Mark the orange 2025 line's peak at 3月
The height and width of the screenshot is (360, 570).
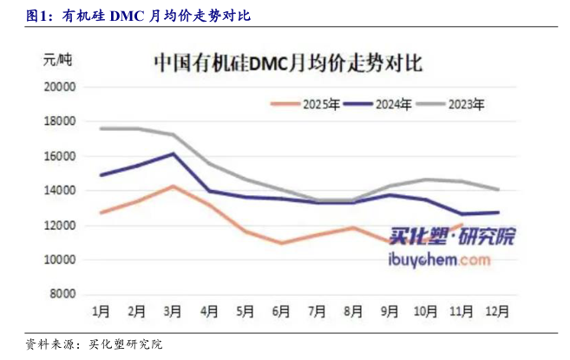tap(173, 186)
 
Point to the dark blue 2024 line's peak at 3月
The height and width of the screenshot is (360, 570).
tap(173, 154)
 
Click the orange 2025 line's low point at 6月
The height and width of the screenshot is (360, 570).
tap(281, 243)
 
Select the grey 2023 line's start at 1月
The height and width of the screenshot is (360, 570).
tap(101, 128)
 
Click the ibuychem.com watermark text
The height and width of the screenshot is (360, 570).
tap(444, 259)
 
